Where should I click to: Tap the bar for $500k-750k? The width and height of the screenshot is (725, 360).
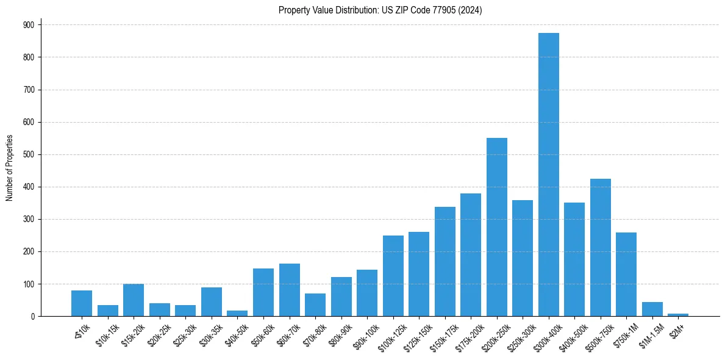pos(601,247)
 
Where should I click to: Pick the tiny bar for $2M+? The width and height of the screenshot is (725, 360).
pos(678,314)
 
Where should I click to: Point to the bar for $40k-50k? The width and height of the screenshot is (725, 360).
pos(237,313)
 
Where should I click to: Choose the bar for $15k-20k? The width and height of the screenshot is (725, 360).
pos(134,300)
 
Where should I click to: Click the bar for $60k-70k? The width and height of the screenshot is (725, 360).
pos(290,290)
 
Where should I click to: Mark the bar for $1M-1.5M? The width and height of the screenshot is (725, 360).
pos(652,309)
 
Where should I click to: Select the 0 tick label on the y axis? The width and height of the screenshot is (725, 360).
pos(33,316)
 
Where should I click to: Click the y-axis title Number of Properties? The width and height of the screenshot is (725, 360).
pos(9,168)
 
